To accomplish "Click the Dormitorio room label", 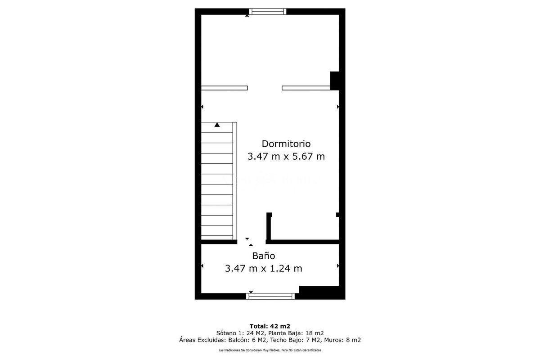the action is [x=286, y=144].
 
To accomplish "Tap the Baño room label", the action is [x=264, y=256].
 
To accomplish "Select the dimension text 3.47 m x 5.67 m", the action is [x=286, y=157].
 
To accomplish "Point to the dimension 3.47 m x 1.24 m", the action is [x=264, y=268].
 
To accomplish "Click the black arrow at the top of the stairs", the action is [x=217, y=125].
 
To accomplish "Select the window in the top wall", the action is [x=268, y=11].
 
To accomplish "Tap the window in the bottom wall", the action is [x=270, y=297].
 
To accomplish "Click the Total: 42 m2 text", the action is [x=270, y=326].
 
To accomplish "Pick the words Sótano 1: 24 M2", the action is [x=241, y=333].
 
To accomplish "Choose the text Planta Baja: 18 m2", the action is [x=296, y=333].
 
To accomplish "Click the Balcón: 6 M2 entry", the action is [x=248, y=340].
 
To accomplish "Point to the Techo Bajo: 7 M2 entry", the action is [x=296, y=340].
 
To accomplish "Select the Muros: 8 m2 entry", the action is [x=342, y=340].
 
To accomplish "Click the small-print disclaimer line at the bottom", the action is [x=270, y=350].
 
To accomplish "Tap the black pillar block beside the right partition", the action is [x=334, y=81].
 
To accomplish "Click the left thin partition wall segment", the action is [x=225, y=88].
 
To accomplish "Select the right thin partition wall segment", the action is [x=306, y=88].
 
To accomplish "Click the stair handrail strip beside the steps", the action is [x=235, y=181].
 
